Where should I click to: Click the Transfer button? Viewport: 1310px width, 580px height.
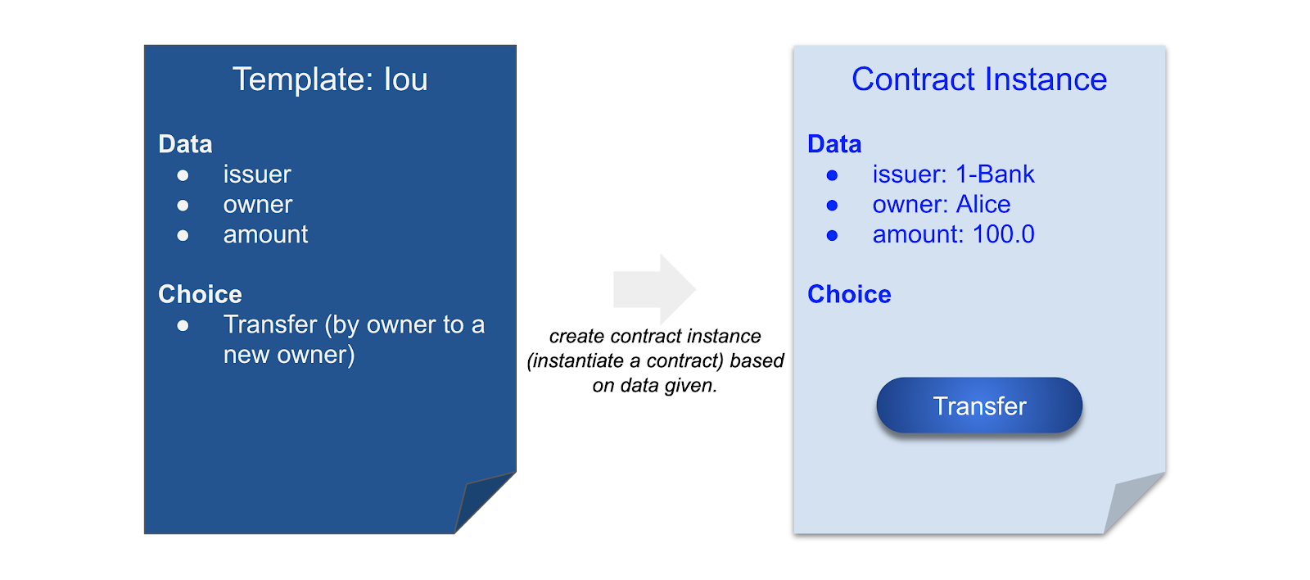click(979, 406)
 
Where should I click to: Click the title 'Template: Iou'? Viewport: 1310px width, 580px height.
click(330, 79)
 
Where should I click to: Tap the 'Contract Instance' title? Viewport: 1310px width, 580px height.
click(979, 79)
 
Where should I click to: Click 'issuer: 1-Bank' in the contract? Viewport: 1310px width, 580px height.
click(953, 174)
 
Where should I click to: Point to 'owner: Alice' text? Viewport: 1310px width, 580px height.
click(941, 204)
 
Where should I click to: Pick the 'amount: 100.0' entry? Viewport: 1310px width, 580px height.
click(953, 234)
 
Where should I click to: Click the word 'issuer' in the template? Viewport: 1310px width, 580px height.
click(257, 174)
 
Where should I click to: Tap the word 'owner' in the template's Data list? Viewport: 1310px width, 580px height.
click(258, 204)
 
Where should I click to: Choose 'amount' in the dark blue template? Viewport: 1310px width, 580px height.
click(265, 234)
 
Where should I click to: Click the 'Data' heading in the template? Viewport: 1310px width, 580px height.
click(185, 144)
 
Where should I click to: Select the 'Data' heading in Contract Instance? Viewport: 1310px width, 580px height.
click(834, 144)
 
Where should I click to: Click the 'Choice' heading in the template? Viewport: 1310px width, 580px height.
click(200, 294)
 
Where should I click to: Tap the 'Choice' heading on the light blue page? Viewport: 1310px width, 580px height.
click(849, 294)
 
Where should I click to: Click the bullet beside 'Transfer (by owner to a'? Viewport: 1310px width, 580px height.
click(183, 325)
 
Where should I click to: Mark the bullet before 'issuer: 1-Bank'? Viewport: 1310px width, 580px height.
click(832, 175)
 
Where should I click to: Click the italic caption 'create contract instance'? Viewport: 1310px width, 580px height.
click(655, 336)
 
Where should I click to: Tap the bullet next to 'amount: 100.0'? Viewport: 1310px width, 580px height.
click(832, 235)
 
